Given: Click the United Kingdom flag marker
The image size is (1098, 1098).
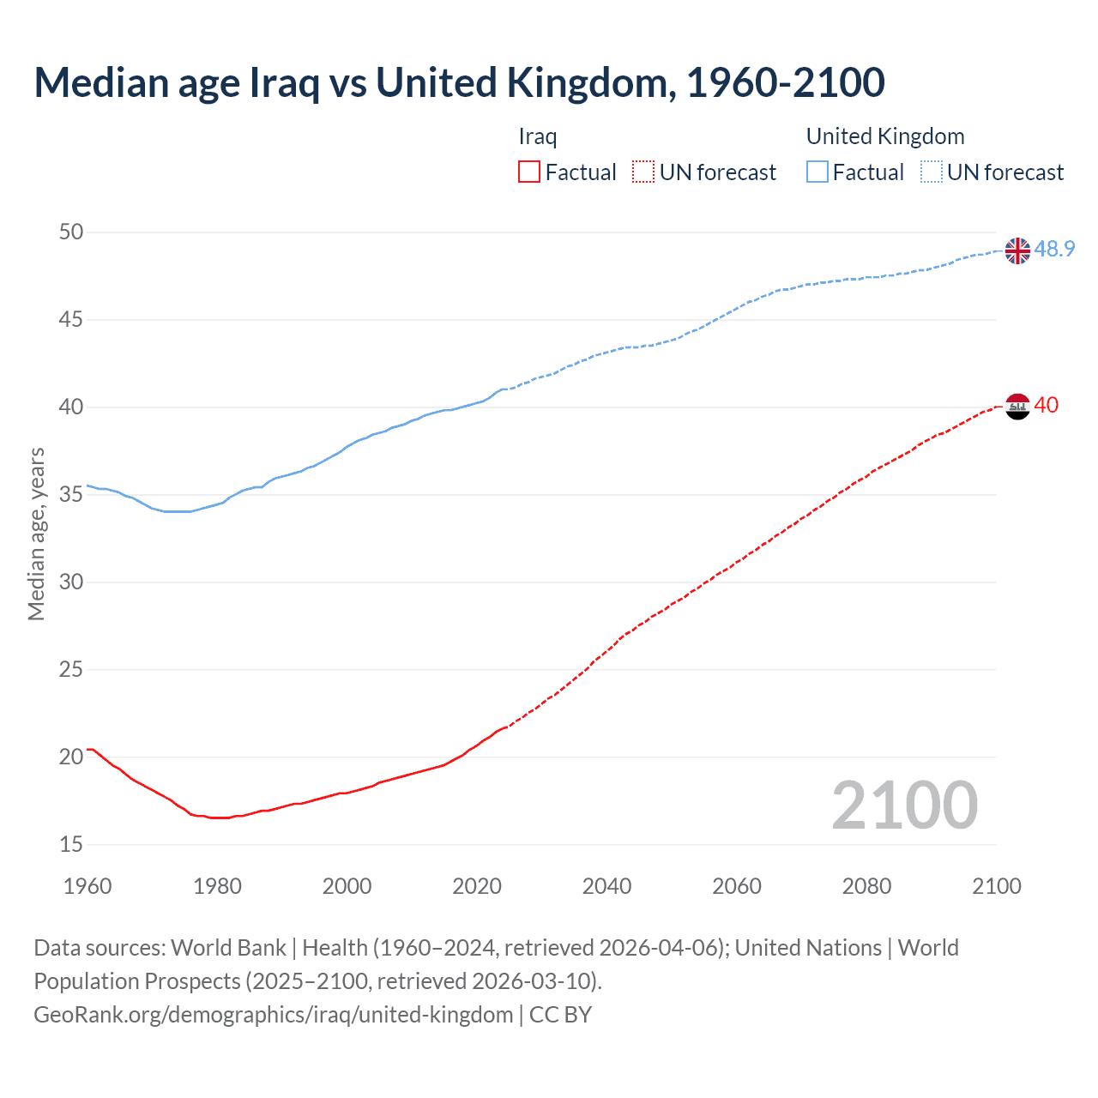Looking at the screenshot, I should coord(1017,250).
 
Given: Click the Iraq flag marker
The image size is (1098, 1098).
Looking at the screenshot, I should coord(1017,406).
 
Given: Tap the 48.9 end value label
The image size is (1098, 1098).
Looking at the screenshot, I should coord(1054,249).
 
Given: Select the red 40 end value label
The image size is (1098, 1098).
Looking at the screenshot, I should coord(1046,405).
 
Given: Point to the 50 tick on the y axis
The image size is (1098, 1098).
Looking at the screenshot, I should coord(72,232).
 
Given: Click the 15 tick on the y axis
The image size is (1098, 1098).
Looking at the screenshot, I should coord(72,844).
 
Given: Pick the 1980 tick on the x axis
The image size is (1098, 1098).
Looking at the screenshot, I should coord(217,886).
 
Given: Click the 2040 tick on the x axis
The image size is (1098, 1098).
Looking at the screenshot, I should coord(606,886).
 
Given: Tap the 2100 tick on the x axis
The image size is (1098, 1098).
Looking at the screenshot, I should coord(996,886).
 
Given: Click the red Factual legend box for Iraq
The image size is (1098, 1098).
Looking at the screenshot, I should coord(529,172).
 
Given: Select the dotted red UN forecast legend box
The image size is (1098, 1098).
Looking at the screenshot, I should coord(643,172).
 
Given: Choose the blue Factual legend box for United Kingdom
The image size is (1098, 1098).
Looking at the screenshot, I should coord(817,172).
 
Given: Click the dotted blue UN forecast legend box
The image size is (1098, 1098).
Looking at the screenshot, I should coord(932,172).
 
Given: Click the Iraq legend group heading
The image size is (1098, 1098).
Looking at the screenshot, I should coord(538,136).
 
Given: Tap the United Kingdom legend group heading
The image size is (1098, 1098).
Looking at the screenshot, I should coord(884,136).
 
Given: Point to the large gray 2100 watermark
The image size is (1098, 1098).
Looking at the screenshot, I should coord(904,805).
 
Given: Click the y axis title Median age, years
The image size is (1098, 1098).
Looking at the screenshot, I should coord(36,534).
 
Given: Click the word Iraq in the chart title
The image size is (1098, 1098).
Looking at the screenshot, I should coord(284,83).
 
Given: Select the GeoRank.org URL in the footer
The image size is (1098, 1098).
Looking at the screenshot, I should coord(273,1014).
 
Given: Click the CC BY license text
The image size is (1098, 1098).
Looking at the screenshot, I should coord(560,1014).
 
